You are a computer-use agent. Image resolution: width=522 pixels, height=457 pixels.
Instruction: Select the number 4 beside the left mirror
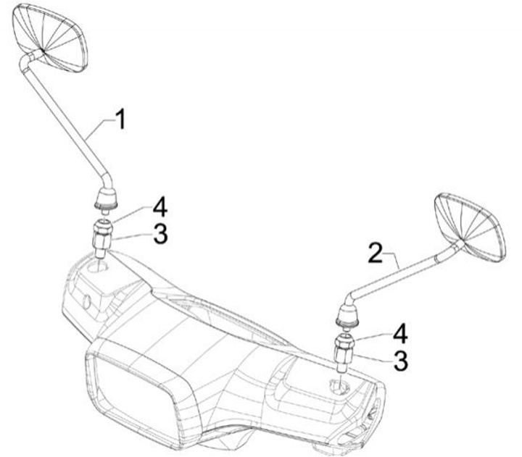160,209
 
